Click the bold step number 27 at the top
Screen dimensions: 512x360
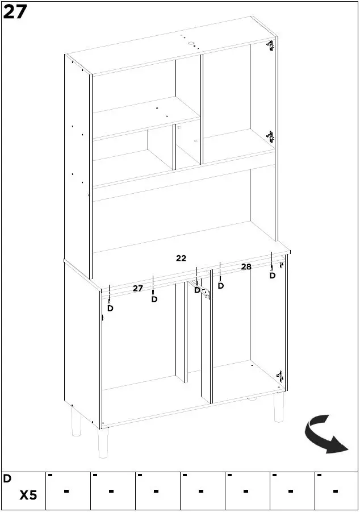pos(15,11)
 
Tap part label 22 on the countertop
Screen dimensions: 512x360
pos(181,258)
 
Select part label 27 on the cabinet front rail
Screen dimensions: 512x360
pos(137,289)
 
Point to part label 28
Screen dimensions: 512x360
pos(246,267)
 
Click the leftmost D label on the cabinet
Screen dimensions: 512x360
pos(110,308)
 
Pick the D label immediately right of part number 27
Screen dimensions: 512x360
pos(154,299)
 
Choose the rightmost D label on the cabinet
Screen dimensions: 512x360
pos(272,276)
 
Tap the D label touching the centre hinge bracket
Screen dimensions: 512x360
pos(197,290)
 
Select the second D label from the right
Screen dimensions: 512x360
pos(220,286)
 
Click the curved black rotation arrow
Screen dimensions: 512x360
pos(326,435)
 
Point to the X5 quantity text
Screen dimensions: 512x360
pos(28,496)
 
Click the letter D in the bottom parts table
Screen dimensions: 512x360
pos(7,478)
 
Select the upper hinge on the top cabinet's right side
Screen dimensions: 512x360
pos(270,45)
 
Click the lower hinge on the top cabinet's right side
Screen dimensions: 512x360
pos(270,136)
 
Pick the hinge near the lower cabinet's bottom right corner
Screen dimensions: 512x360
pos(279,376)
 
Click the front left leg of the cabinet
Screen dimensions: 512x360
pos(103,443)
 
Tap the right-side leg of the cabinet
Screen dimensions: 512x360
pos(279,409)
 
